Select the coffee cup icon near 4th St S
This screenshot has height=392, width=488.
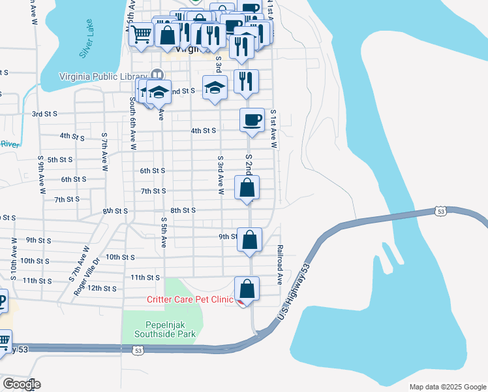click(x=252, y=120)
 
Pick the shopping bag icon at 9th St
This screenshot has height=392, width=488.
click(x=249, y=239)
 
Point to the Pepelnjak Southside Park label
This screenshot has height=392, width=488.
click(x=165, y=329)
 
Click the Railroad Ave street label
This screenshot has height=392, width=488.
click(x=280, y=265)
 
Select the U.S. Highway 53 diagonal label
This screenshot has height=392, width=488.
click(x=292, y=291)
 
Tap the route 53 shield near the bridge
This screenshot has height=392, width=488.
click(x=441, y=211)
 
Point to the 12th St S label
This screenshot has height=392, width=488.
click(x=102, y=288)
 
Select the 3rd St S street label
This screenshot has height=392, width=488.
click(x=45, y=114)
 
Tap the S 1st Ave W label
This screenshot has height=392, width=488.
click(x=273, y=128)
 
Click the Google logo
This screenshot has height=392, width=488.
click(x=22, y=384)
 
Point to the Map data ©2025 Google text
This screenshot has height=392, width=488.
click(x=447, y=387)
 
